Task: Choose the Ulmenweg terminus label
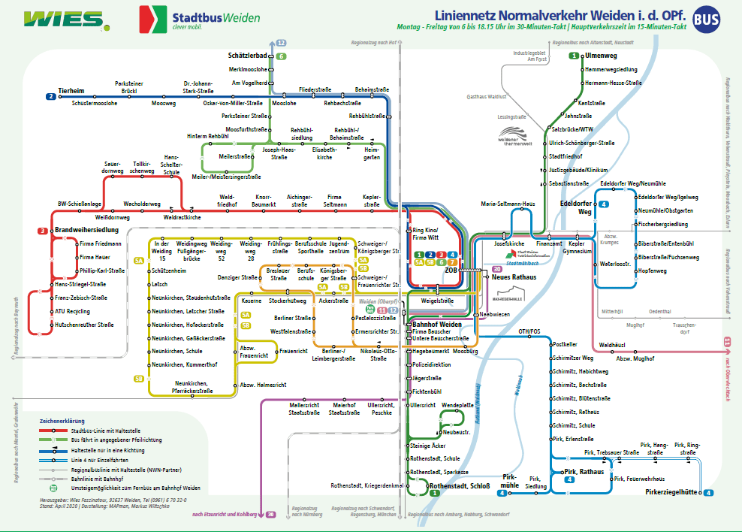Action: coord(601,56)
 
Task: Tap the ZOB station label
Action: coord(451,268)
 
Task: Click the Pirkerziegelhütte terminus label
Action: coord(671,492)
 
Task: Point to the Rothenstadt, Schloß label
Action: coord(460,486)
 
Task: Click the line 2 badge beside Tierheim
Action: coord(51,96)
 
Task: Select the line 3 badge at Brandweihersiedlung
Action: coord(43,230)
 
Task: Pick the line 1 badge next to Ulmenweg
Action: coord(574,56)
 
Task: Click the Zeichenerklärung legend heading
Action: coord(62,421)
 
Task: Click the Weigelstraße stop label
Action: coord(436,300)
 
